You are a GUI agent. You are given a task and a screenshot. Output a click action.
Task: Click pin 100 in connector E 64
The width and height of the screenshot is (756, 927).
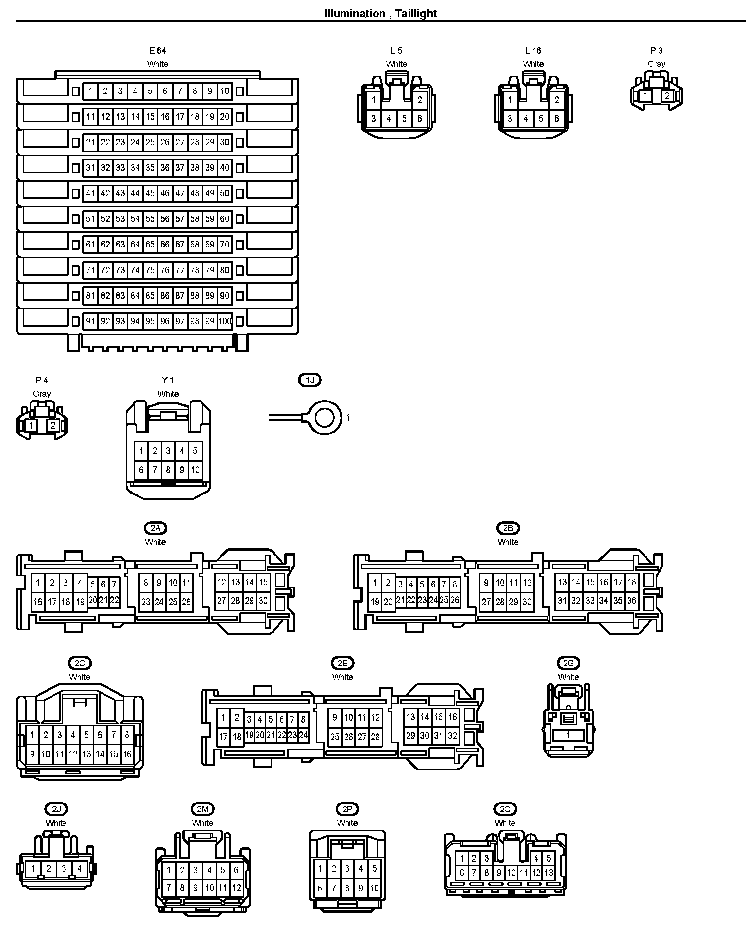click(x=225, y=321)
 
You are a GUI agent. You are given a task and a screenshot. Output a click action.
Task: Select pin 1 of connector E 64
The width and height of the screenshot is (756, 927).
click(x=91, y=91)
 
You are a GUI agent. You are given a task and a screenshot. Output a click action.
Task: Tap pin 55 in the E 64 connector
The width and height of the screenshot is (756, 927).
click(x=150, y=219)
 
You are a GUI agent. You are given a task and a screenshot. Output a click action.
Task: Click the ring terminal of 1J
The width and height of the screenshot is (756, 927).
click(x=325, y=418)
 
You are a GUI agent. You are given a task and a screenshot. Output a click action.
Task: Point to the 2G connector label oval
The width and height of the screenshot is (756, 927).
click(x=568, y=663)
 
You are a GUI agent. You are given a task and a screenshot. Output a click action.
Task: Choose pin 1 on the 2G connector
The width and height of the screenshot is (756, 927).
click(x=568, y=735)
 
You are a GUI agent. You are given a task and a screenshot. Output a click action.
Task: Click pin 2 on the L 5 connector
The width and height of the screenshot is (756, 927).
click(x=419, y=100)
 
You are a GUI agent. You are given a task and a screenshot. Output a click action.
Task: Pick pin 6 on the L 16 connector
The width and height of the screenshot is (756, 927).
click(x=556, y=119)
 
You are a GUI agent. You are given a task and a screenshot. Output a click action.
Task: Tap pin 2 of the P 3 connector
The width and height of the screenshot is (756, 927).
click(x=667, y=95)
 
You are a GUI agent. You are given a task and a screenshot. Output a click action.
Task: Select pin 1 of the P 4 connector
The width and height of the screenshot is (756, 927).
click(x=31, y=425)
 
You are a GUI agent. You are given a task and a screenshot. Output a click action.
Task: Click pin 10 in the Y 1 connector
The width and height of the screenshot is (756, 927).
click(x=195, y=470)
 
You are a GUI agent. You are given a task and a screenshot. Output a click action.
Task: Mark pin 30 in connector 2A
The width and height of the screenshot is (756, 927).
click(x=263, y=601)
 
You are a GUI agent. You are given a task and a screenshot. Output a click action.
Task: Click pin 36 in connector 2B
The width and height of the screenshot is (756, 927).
click(x=631, y=601)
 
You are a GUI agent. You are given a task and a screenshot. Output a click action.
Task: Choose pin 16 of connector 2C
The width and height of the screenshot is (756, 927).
click(x=127, y=754)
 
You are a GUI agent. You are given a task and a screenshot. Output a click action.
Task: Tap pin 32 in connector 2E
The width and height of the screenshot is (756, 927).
click(x=452, y=736)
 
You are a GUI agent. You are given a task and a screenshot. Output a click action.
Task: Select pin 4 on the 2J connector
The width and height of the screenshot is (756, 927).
click(x=79, y=869)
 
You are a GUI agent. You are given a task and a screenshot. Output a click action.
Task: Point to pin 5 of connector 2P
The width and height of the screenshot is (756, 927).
click(x=374, y=869)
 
